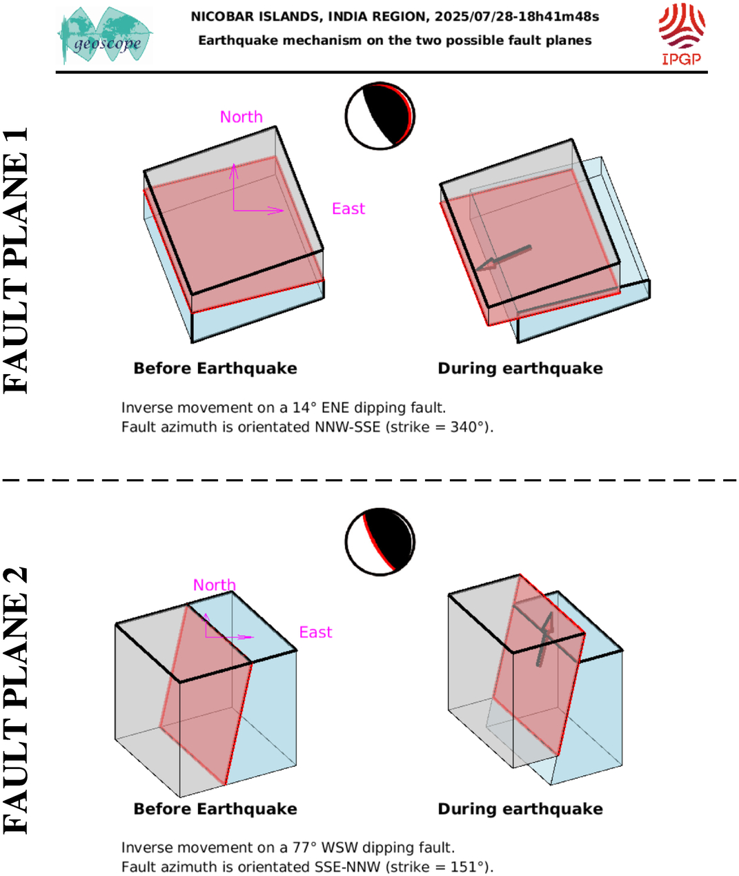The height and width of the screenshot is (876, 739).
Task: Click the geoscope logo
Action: tap(105, 35)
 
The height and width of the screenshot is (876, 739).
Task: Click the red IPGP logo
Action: tap(682, 35)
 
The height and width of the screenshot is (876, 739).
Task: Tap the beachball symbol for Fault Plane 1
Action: tap(380, 116)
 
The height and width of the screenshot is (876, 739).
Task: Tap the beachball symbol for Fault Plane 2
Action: tap(380, 542)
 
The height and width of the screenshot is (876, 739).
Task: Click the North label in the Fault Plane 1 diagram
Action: tap(242, 117)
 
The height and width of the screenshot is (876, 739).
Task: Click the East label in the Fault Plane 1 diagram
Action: tap(348, 208)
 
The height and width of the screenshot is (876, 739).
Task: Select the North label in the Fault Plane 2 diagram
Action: tap(215, 585)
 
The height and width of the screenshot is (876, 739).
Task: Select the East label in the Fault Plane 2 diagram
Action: tap(315, 632)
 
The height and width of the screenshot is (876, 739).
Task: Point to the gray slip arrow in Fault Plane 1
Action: tap(503, 258)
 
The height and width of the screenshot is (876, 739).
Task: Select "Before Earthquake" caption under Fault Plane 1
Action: tap(215, 369)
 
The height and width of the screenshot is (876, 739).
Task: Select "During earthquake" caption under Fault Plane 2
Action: tap(520, 808)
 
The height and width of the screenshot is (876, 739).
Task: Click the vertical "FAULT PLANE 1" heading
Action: tap(16, 260)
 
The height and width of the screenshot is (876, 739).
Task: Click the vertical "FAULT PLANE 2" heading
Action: tap(16, 700)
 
